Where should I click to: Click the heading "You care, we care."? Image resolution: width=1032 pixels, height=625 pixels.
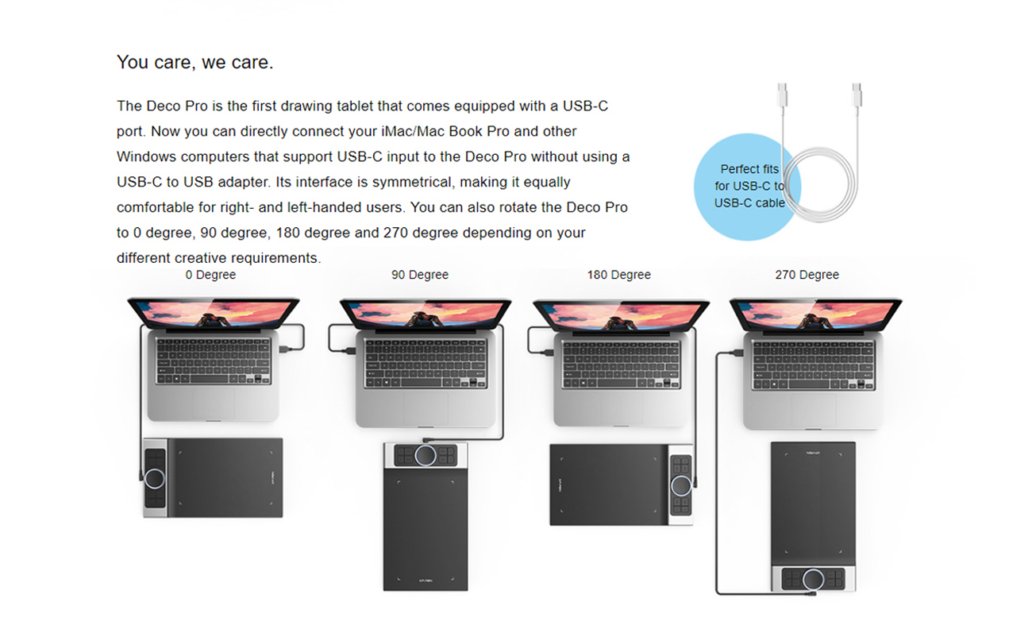click(x=194, y=62)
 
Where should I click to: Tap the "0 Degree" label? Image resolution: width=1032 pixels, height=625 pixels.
click(x=210, y=275)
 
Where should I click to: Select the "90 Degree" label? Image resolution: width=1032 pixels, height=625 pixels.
click(x=419, y=275)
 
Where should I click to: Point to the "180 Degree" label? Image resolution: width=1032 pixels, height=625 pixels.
click(x=618, y=275)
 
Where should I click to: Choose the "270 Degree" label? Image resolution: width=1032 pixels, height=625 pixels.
click(x=807, y=275)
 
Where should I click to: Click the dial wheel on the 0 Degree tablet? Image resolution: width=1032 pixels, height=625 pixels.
click(x=155, y=478)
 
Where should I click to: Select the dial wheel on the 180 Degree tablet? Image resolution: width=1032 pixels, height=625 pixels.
click(x=682, y=484)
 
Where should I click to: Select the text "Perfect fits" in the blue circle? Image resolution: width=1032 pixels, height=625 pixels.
click(x=749, y=169)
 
